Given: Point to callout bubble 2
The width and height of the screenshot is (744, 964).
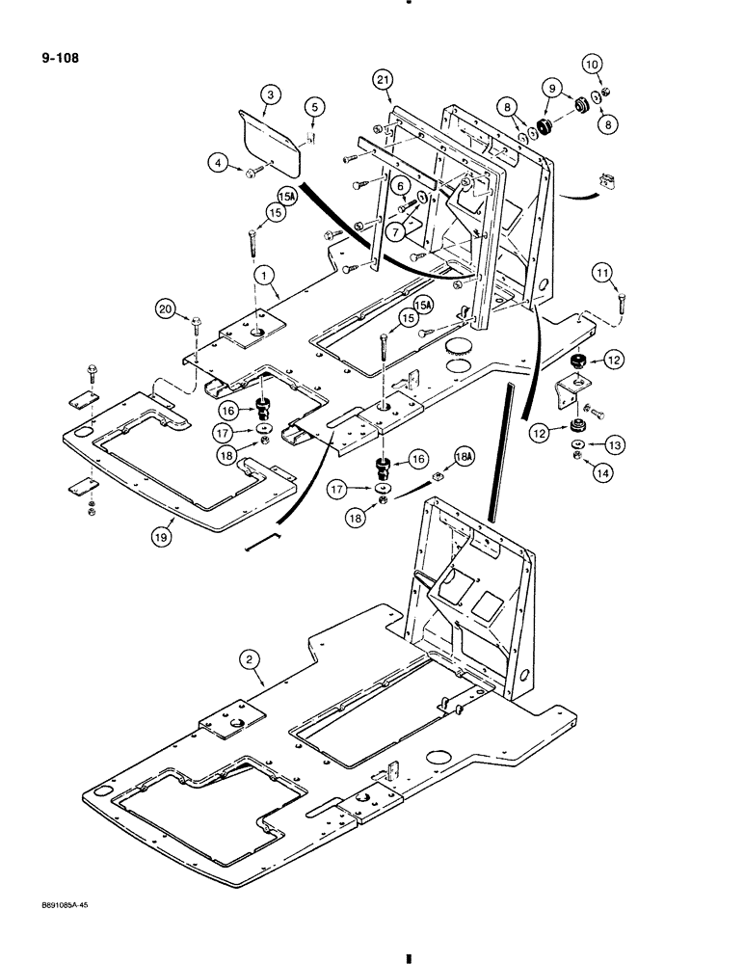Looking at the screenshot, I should (x=249, y=660).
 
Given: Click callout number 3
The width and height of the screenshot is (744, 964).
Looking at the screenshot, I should (x=271, y=94).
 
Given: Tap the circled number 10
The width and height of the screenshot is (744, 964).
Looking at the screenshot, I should (x=592, y=65).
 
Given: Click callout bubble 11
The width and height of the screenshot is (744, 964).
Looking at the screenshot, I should (x=603, y=276).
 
